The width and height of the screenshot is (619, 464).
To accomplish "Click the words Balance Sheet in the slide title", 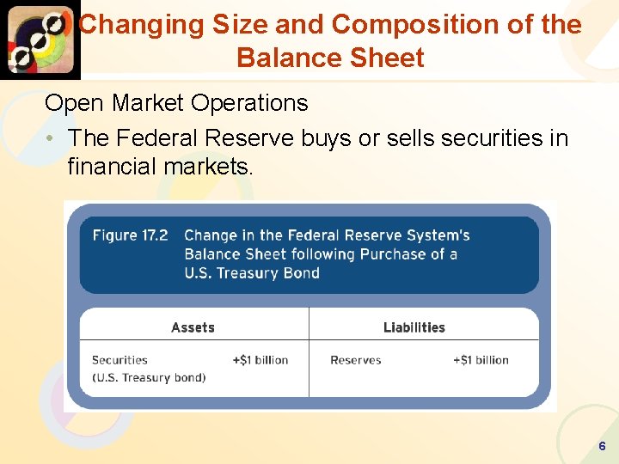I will [x=330, y=58].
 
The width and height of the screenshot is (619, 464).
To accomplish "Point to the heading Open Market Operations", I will [x=176, y=103].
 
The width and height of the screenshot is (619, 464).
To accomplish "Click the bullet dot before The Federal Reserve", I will [x=52, y=138].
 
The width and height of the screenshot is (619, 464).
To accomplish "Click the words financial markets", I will [x=160, y=167].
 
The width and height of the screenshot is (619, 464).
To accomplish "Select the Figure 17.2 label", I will [x=130, y=235].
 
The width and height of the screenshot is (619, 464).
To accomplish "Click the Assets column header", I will [x=193, y=327].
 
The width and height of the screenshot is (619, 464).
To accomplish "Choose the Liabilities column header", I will [x=414, y=327].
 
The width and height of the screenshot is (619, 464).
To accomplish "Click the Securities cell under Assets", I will [x=120, y=360].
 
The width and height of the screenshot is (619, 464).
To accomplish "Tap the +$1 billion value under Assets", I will [x=260, y=360].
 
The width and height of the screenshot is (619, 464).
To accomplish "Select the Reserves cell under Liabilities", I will [x=355, y=360].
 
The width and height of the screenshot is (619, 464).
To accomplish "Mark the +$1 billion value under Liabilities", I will [x=481, y=360].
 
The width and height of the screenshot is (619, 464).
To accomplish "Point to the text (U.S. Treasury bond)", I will [x=149, y=378].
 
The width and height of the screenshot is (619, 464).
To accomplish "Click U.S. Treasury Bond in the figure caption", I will [x=252, y=273].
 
